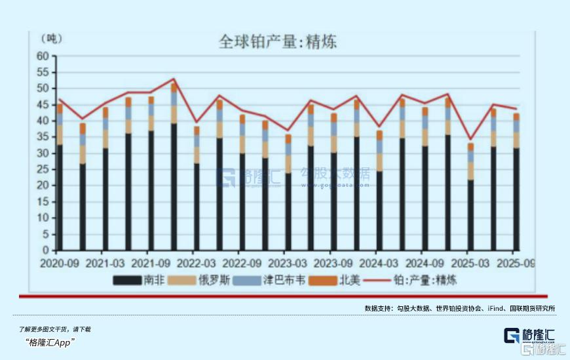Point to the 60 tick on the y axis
click(x=43, y=56)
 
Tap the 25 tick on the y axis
click(x=43, y=169)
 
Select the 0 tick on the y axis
click(x=46, y=250)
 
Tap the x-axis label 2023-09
click(x=333, y=263)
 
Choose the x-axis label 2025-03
click(x=470, y=263)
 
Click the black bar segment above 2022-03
click(x=197, y=207)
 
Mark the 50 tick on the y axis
click(x=43, y=88)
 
